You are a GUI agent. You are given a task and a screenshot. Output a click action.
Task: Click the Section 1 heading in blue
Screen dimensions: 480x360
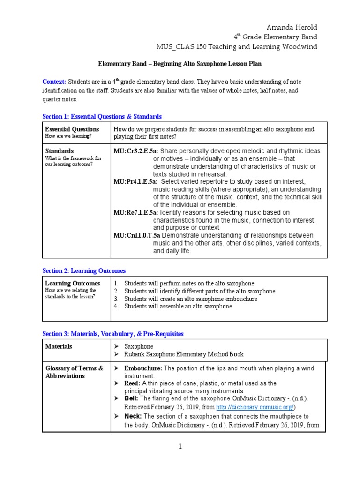[x=102, y=116]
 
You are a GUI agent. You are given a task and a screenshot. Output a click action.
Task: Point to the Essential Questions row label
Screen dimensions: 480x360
[x=72, y=129]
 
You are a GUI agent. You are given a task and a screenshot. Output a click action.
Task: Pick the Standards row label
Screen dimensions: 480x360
[x=59, y=151]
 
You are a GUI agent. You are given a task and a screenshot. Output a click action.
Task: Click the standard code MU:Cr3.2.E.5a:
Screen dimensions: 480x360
[x=136, y=151]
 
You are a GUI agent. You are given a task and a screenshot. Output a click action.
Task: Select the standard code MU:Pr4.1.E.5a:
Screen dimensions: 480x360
[x=136, y=181]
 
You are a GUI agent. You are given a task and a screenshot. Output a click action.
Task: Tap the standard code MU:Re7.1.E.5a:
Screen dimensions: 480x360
[x=136, y=212]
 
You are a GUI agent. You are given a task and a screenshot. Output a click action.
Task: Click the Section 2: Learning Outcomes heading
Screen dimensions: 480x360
[x=84, y=271]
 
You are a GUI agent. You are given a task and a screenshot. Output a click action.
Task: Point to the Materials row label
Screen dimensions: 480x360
[x=59, y=346]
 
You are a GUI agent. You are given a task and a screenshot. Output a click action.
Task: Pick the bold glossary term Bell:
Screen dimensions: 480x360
[x=131, y=398]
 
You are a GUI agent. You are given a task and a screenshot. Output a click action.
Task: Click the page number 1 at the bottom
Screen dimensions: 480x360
[x=180, y=447]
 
